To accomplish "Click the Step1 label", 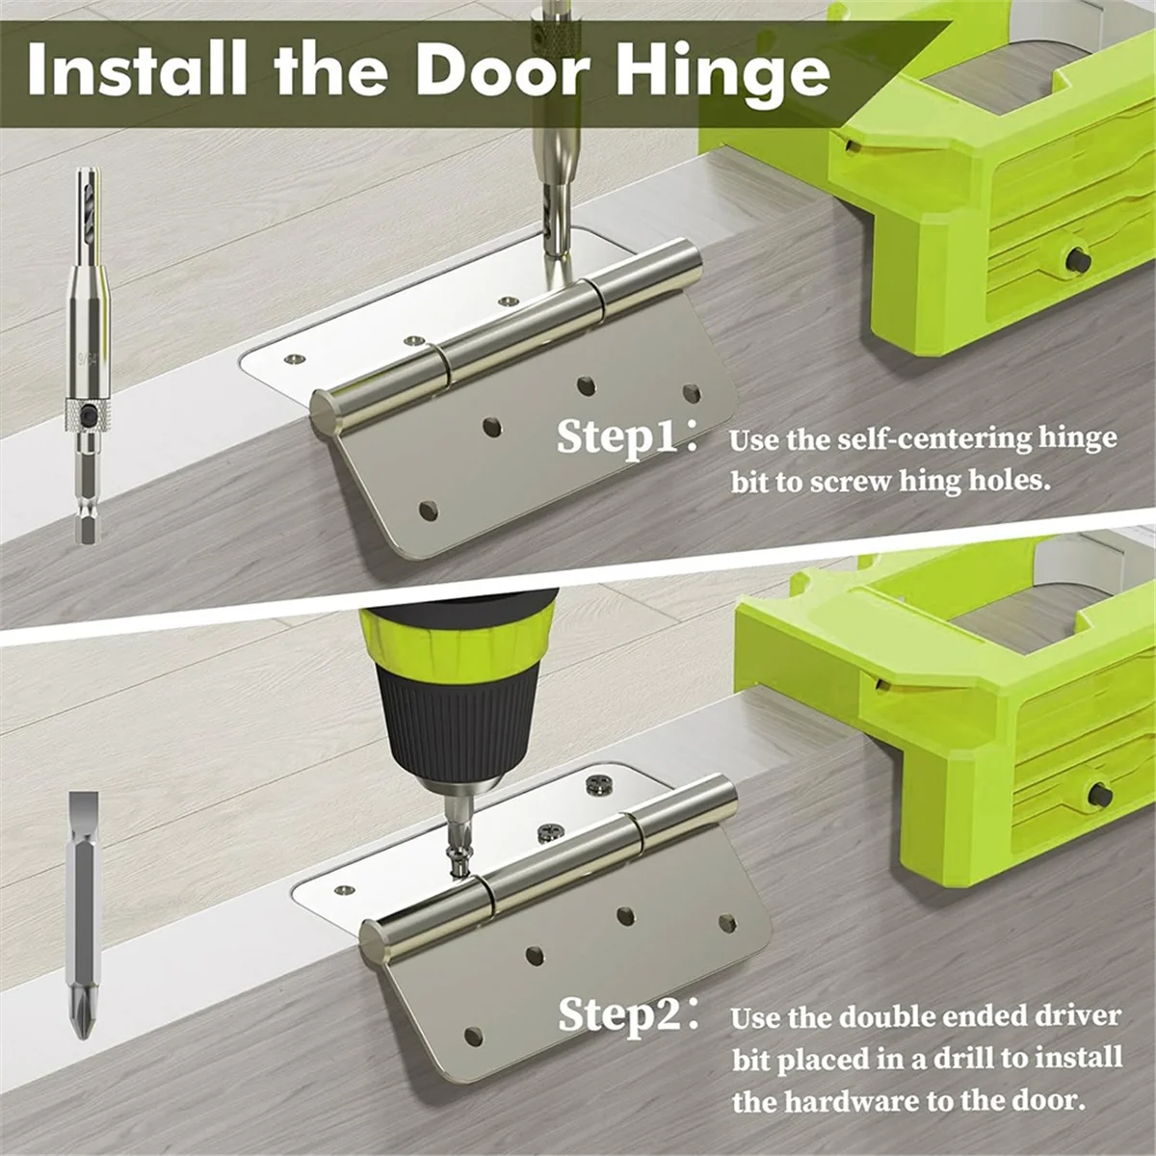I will coord(617,439).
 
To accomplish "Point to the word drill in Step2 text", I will coord(980,1058).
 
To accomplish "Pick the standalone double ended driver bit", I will coord(81,915).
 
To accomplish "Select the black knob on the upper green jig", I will coord(1078,260).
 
